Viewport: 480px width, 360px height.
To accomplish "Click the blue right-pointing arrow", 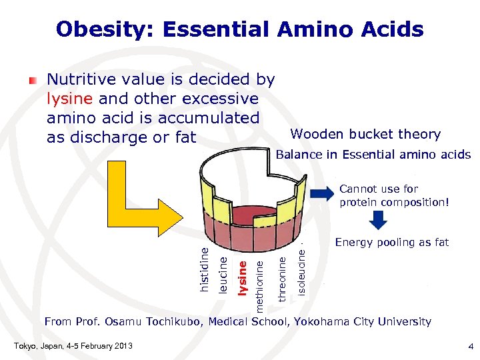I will [323, 194].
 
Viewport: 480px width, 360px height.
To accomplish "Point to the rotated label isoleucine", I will [301, 271].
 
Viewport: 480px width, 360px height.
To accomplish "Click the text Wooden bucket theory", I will [365, 135].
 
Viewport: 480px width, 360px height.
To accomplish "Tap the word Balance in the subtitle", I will [298, 155].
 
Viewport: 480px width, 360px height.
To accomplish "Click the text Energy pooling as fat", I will [391, 242].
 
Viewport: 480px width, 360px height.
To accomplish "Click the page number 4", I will [470, 347].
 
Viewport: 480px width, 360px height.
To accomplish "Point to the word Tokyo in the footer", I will [27, 345].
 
